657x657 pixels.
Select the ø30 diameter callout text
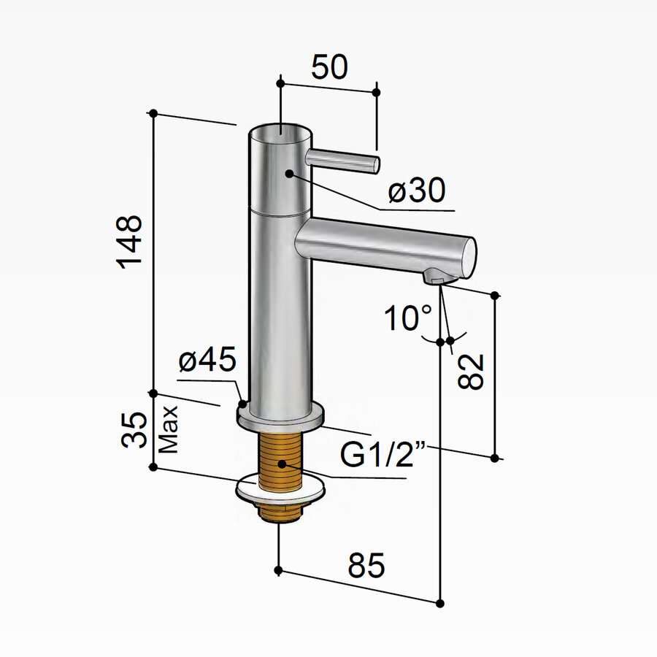[x=417, y=191]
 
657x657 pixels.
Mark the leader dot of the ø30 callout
[x=290, y=174]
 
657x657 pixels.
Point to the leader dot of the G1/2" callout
[x=283, y=463]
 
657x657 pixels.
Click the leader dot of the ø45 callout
[x=242, y=402]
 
